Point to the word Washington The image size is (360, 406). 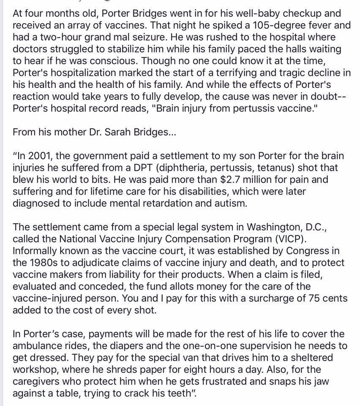click(255, 228)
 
